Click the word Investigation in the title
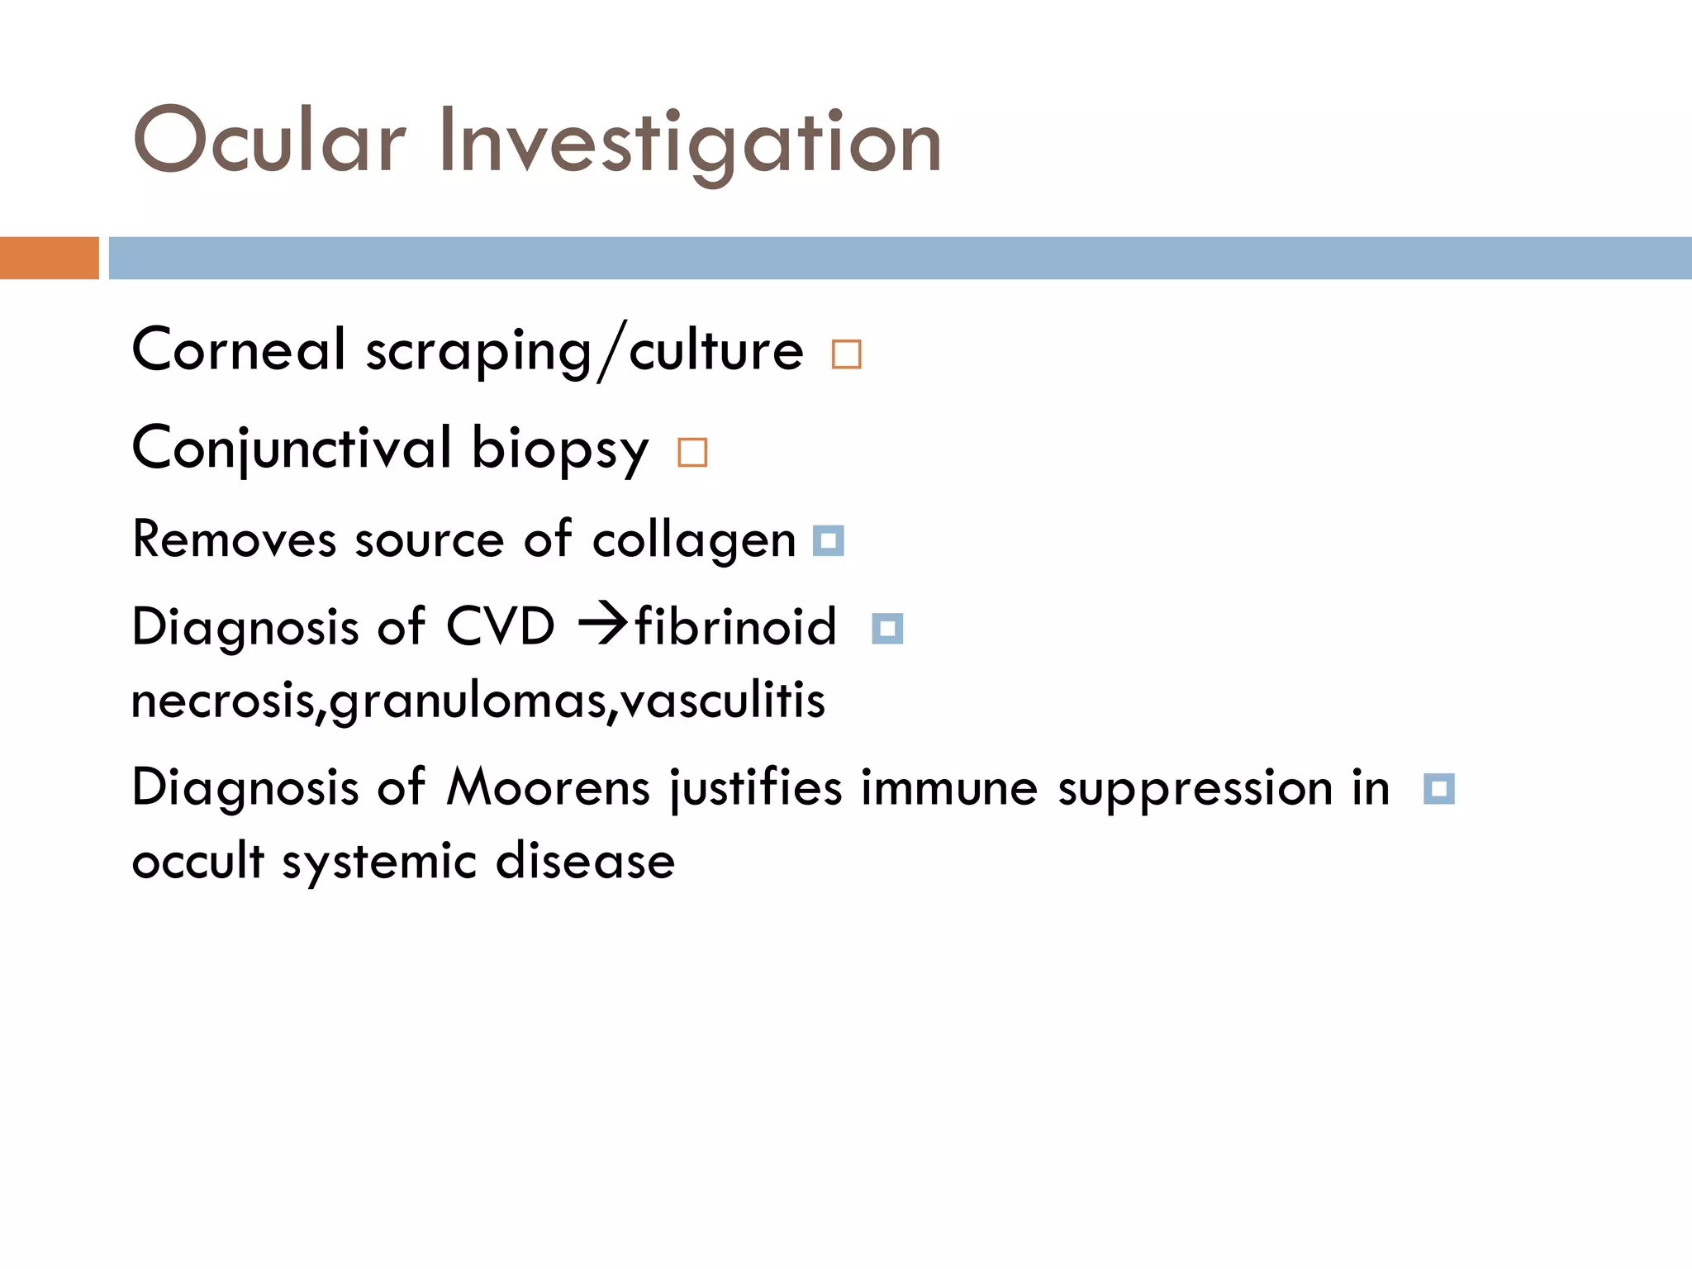[x=691, y=142]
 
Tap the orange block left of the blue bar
[x=49, y=258]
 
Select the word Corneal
[x=238, y=349]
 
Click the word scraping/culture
[x=584, y=351]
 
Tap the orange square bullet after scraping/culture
[x=847, y=354]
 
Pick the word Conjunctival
[x=292, y=449]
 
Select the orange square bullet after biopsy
[x=692, y=453]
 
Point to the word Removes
[x=234, y=539]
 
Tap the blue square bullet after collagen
[x=829, y=541]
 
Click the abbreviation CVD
[x=500, y=626]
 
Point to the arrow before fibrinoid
[x=604, y=625]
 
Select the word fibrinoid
[x=735, y=626]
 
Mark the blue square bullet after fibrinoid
[x=887, y=629]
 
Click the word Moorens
[x=549, y=787]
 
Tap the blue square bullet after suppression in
[x=1439, y=789]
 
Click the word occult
[x=197, y=861]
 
